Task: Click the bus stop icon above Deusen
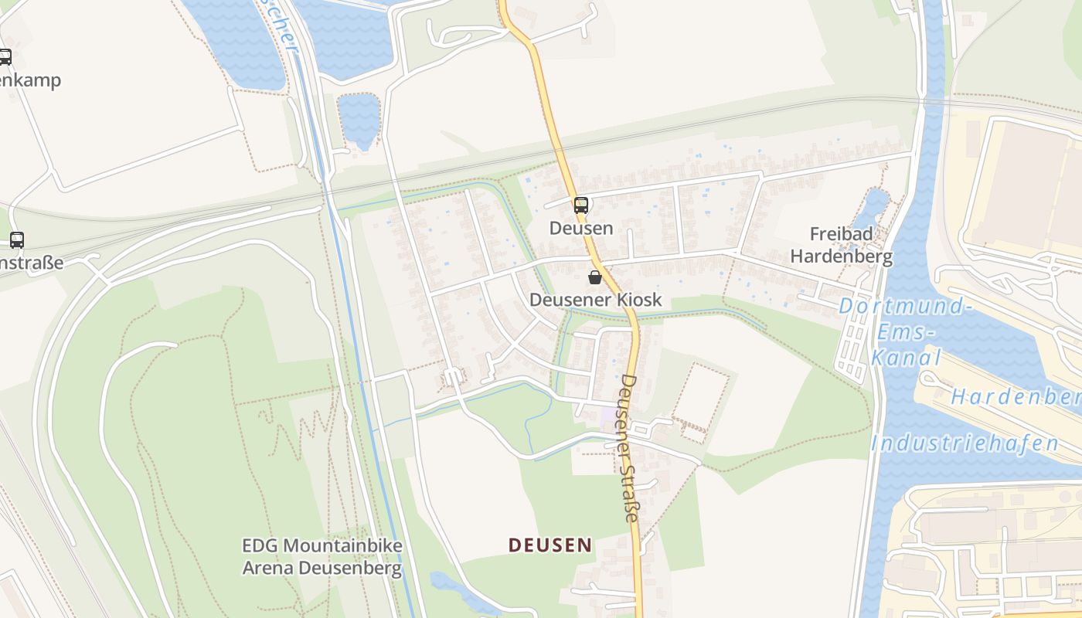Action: click(580, 205)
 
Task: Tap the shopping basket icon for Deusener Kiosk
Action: click(595, 277)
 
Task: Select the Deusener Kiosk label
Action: click(596, 300)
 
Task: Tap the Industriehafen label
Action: click(965, 443)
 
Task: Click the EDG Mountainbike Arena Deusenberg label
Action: click(322, 558)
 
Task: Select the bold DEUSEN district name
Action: click(550, 545)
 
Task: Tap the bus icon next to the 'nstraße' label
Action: click(17, 240)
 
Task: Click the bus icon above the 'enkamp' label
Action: click(5, 56)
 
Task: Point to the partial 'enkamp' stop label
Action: click(30, 80)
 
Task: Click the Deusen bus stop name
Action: click(581, 228)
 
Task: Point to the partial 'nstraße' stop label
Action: click(32, 263)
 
